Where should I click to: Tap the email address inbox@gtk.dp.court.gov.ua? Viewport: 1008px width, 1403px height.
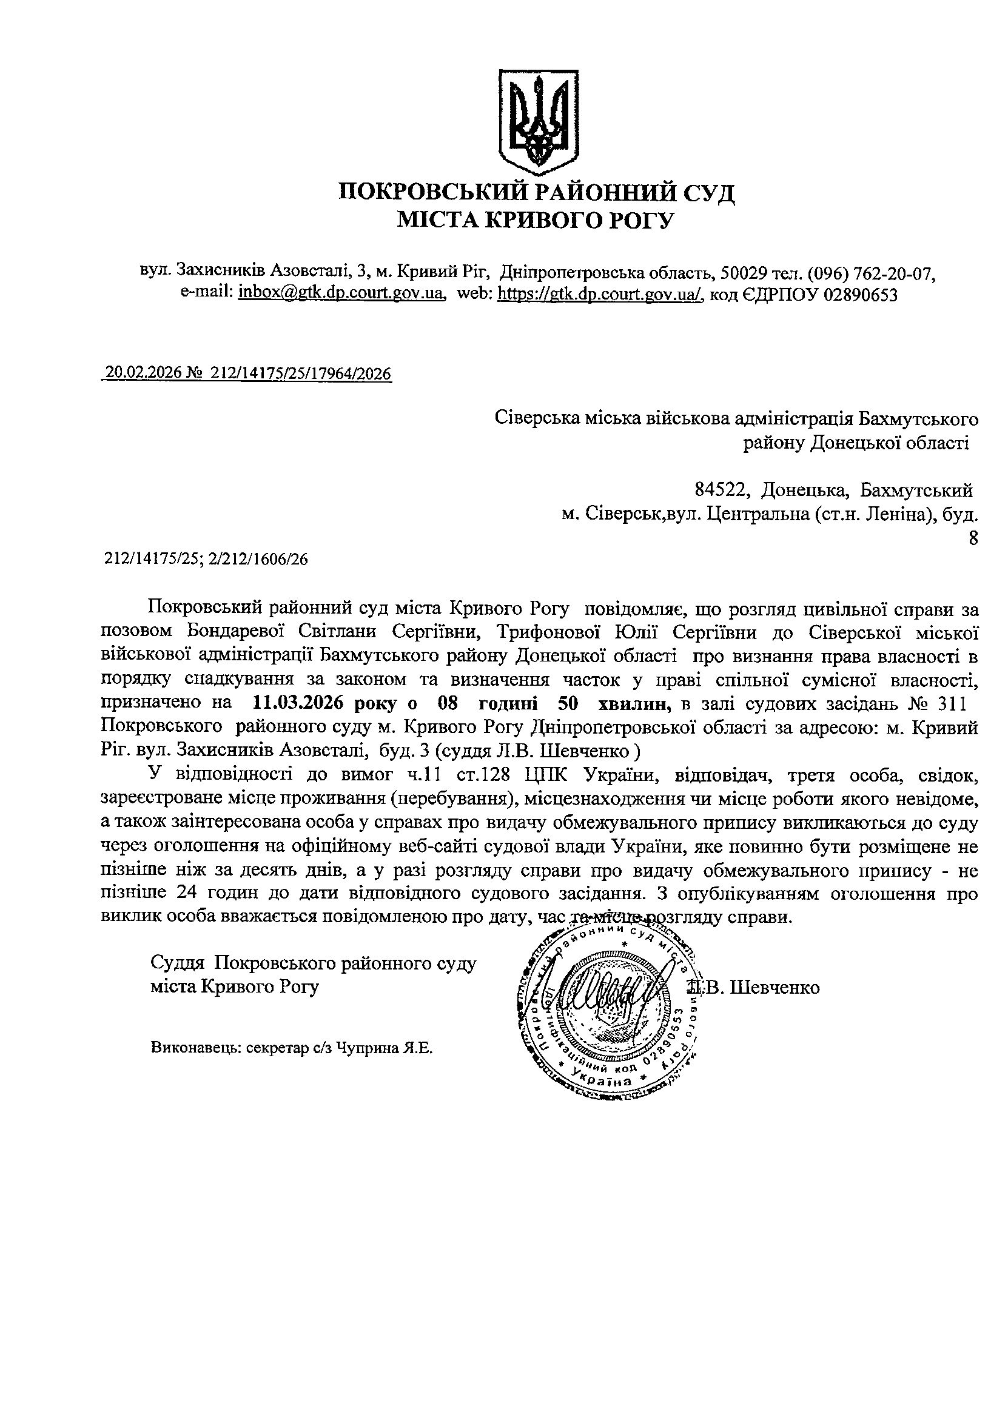[x=341, y=295]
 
